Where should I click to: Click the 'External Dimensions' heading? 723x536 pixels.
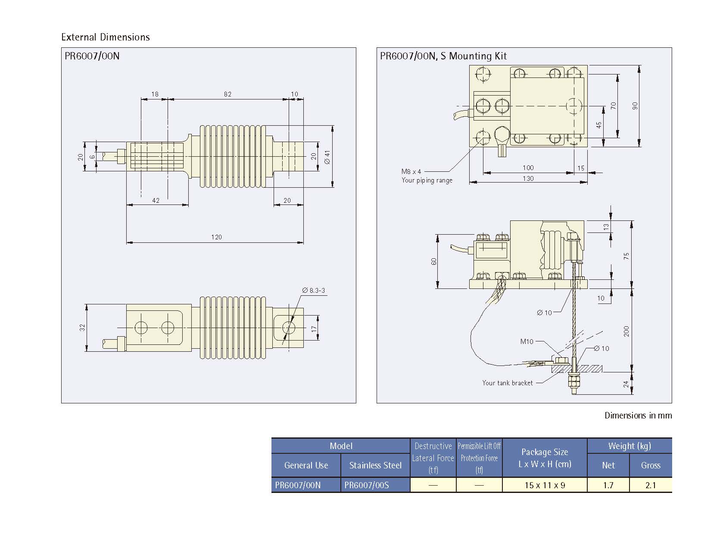click(x=106, y=37)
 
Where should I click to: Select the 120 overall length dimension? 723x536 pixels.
click(x=216, y=237)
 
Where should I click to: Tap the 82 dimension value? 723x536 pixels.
click(x=227, y=94)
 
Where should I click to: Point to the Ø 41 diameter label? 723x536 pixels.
click(x=327, y=157)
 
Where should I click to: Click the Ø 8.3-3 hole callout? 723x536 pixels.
click(x=314, y=291)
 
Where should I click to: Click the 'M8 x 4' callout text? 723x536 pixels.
click(x=411, y=171)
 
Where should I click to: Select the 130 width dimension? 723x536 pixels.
click(x=528, y=178)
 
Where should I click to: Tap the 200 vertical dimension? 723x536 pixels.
click(x=626, y=331)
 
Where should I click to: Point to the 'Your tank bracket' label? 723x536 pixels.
click(x=508, y=383)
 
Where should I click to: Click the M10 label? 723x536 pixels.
click(x=527, y=341)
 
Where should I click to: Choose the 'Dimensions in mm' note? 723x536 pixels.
click(x=638, y=415)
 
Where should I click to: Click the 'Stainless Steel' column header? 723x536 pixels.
click(x=375, y=465)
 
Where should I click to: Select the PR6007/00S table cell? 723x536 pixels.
click(x=367, y=485)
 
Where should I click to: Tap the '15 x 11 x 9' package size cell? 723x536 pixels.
click(x=545, y=485)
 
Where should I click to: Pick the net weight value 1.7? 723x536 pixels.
click(x=608, y=485)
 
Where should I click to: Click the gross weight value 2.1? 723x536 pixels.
click(x=651, y=485)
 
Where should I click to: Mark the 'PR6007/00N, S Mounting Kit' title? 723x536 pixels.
click(x=443, y=56)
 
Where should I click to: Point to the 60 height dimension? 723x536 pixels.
click(x=434, y=261)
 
